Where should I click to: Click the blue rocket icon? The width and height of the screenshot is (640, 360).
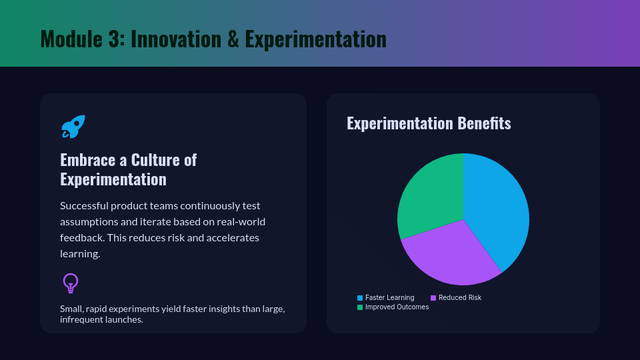coord(73,127)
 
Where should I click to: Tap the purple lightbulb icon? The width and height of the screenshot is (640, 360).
coord(71,283)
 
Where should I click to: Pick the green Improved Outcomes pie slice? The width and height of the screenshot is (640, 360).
coord(429,196)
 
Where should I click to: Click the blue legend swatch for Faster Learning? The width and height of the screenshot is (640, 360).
coord(360,298)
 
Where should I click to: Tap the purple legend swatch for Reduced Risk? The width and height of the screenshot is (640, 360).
coord(433,298)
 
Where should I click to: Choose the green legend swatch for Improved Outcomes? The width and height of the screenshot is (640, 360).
coord(360,307)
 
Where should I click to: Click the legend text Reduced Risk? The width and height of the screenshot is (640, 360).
coord(460,297)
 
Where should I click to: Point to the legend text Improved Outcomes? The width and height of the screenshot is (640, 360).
coord(397,307)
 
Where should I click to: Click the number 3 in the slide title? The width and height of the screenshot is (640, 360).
coord(113,39)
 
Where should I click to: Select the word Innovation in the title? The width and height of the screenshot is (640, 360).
coord(175,39)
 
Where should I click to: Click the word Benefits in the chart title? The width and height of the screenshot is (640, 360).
coord(484,123)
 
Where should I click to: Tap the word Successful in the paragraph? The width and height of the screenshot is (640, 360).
coord(84,206)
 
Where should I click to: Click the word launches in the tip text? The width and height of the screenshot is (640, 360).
coord(124,319)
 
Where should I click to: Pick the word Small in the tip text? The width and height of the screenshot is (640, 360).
coord(70,309)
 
